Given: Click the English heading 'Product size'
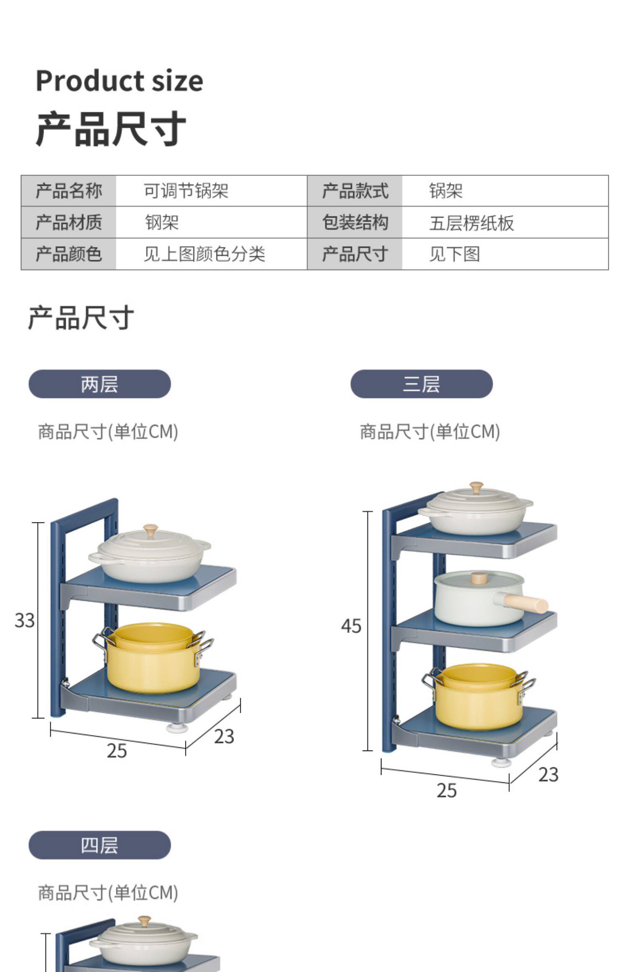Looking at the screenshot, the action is [119, 80].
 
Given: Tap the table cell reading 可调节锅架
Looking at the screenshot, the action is [186, 191].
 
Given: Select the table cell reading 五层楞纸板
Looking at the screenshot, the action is [471, 223].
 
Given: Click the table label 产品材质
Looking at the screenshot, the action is [69, 222].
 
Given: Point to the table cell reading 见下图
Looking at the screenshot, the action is [454, 254].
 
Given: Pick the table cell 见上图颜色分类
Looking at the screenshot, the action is [204, 254].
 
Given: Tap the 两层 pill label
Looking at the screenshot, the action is [100, 384].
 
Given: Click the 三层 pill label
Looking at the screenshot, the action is [421, 384].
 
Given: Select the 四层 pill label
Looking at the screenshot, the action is [100, 845].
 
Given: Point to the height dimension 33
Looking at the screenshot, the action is [24, 620].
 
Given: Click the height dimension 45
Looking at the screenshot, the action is [351, 626].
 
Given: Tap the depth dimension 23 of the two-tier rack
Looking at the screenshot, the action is [224, 737].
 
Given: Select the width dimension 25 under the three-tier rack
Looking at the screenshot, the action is [446, 790].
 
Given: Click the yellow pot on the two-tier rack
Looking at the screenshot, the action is [151, 657].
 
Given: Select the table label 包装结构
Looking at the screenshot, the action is [355, 222].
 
